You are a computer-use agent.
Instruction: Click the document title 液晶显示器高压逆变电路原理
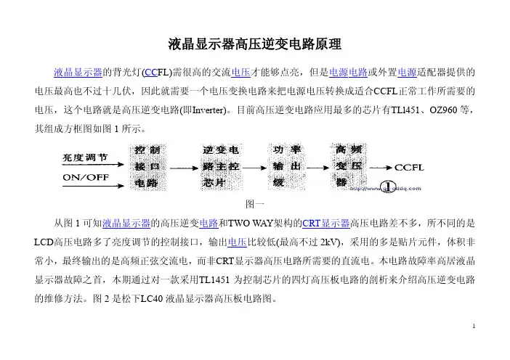tap(255, 44)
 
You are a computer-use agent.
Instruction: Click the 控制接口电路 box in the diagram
tap(148, 167)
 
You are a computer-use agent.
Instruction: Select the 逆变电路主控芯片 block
tap(221, 167)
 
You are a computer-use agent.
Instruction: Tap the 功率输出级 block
tap(286, 167)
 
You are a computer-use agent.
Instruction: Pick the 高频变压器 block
tap(348, 166)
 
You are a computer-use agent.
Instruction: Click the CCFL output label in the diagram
tap(409, 168)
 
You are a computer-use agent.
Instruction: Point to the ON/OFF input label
tap(86, 177)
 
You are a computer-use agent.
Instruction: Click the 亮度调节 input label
tap(85, 157)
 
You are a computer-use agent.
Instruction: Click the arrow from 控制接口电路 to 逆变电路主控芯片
tap(184, 168)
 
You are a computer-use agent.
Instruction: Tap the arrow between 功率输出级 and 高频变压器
tap(318, 168)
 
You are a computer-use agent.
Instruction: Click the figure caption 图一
tap(255, 204)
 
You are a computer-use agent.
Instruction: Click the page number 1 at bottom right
tap(474, 326)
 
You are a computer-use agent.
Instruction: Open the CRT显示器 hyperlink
tap(326, 224)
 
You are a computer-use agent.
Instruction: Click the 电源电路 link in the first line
tap(348, 72)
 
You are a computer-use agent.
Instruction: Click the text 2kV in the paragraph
tap(328, 242)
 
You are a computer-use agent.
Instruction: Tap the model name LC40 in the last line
tap(152, 298)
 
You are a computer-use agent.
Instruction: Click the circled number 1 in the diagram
tap(389, 187)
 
